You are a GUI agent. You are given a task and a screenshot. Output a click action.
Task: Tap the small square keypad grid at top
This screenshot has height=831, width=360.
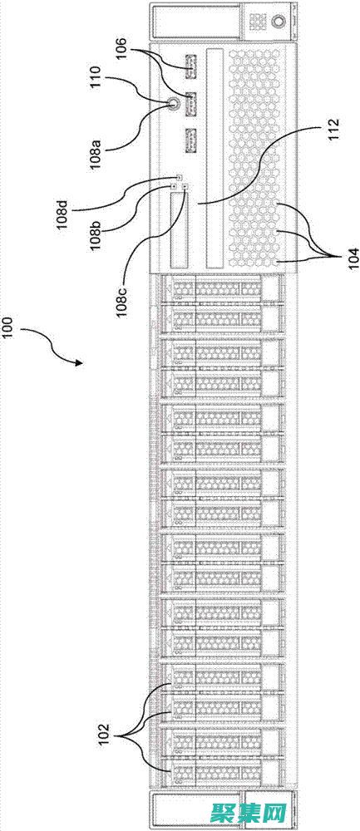click(258, 19)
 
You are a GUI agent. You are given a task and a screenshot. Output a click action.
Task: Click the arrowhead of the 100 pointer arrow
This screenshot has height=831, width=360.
click(80, 362)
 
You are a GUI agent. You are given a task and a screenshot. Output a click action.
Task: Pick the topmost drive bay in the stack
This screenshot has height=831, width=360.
click(216, 288)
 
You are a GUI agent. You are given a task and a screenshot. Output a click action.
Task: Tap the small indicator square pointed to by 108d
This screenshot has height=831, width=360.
click(179, 178)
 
